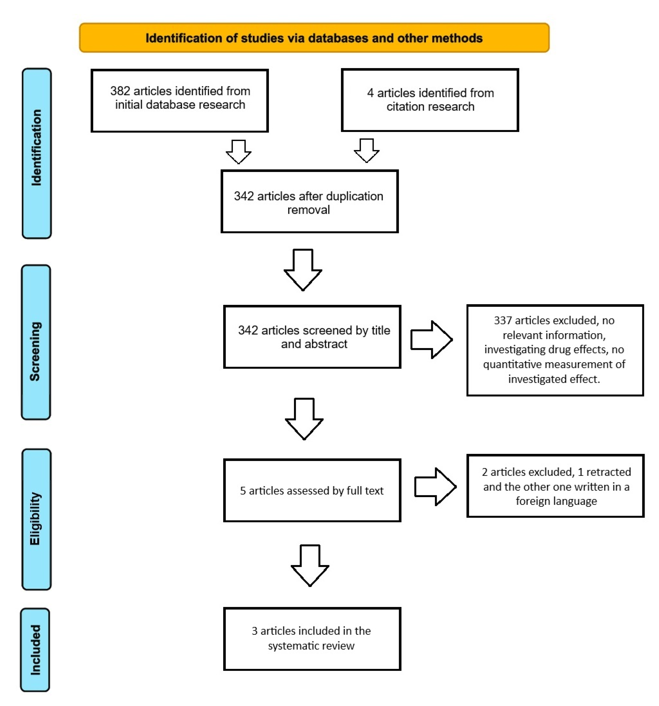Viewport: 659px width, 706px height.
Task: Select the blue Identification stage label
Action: click(x=37, y=153)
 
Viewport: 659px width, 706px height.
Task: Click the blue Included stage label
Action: click(x=35, y=650)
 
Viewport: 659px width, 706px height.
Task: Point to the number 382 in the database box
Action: click(x=120, y=91)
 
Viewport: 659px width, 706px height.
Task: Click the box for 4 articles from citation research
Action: click(x=430, y=100)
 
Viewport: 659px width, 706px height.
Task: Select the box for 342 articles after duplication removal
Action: click(x=309, y=201)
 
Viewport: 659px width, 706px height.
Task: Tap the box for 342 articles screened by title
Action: click(x=312, y=337)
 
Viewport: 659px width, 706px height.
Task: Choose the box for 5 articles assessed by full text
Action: click(x=312, y=490)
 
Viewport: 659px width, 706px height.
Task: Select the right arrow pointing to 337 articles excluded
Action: click(x=431, y=339)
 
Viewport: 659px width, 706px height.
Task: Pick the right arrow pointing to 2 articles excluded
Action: click(x=435, y=487)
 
